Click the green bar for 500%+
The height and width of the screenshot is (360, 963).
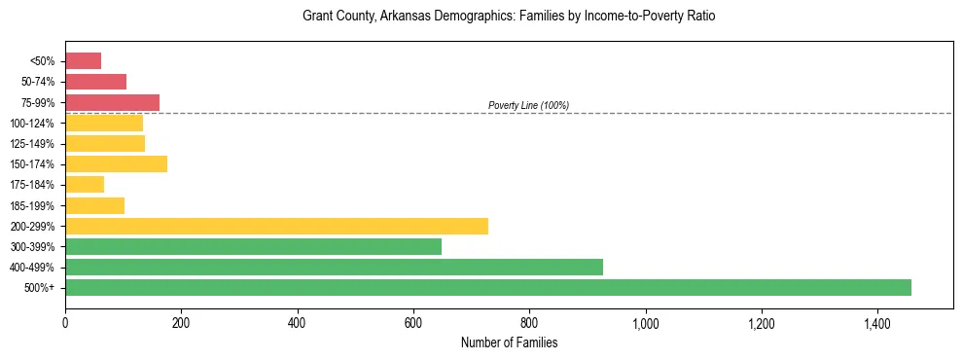coord(487,287)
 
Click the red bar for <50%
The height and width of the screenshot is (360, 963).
coord(83,61)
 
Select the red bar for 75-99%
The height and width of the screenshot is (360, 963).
coord(112,102)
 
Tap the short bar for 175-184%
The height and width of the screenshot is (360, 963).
coord(85,185)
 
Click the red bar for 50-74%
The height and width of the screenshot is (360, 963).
coord(95,82)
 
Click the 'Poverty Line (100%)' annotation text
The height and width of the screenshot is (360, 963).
coord(528,105)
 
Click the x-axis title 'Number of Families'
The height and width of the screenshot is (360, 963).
coord(509,342)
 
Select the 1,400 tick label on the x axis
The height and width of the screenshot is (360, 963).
coord(876,323)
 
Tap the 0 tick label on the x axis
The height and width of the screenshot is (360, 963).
coord(65,323)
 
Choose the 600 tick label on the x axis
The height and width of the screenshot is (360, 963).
coord(412,323)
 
